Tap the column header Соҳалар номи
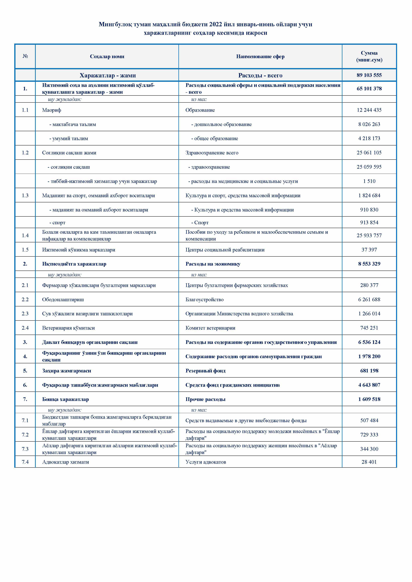pyautogui.click(x=107, y=57)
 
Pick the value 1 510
pyautogui.click(x=369, y=181)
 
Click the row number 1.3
pyautogui.click(x=25, y=195)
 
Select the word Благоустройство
pyautogui.click(x=205, y=300)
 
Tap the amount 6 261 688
pyautogui.click(x=369, y=300)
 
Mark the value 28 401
pyautogui.click(x=369, y=462)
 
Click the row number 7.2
pyautogui.click(x=25, y=435)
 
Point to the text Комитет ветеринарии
pyautogui.click(x=210, y=328)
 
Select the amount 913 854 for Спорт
pyautogui.click(x=369, y=223)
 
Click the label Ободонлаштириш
pyautogui.click(x=63, y=300)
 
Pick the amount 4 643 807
pyautogui.click(x=369, y=385)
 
